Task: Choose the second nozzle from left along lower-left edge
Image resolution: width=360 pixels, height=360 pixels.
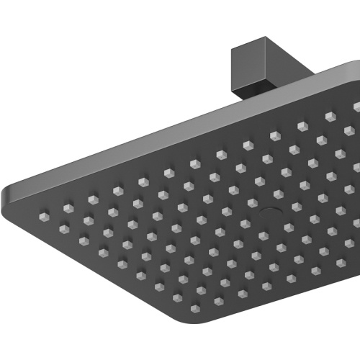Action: (64, 229)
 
